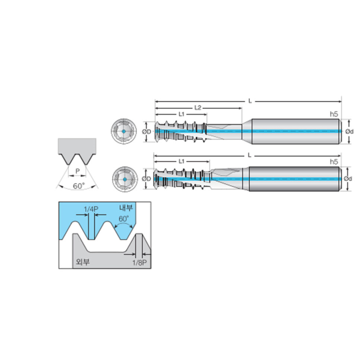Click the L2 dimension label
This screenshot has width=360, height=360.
click(198, 108)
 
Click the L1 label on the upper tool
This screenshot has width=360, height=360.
click(182, 114)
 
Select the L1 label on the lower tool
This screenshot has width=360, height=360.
click(182, 161)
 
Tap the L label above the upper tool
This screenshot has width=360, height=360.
click(250, 101)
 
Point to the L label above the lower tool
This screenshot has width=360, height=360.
click(250, 155)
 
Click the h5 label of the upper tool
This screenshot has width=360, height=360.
click(334, 114)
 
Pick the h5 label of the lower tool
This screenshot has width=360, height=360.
click(334, 162)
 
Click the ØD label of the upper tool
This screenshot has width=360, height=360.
click(147, 131)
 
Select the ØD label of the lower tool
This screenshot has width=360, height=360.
click(147, 178)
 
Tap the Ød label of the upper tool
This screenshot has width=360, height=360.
click(349, 131)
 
